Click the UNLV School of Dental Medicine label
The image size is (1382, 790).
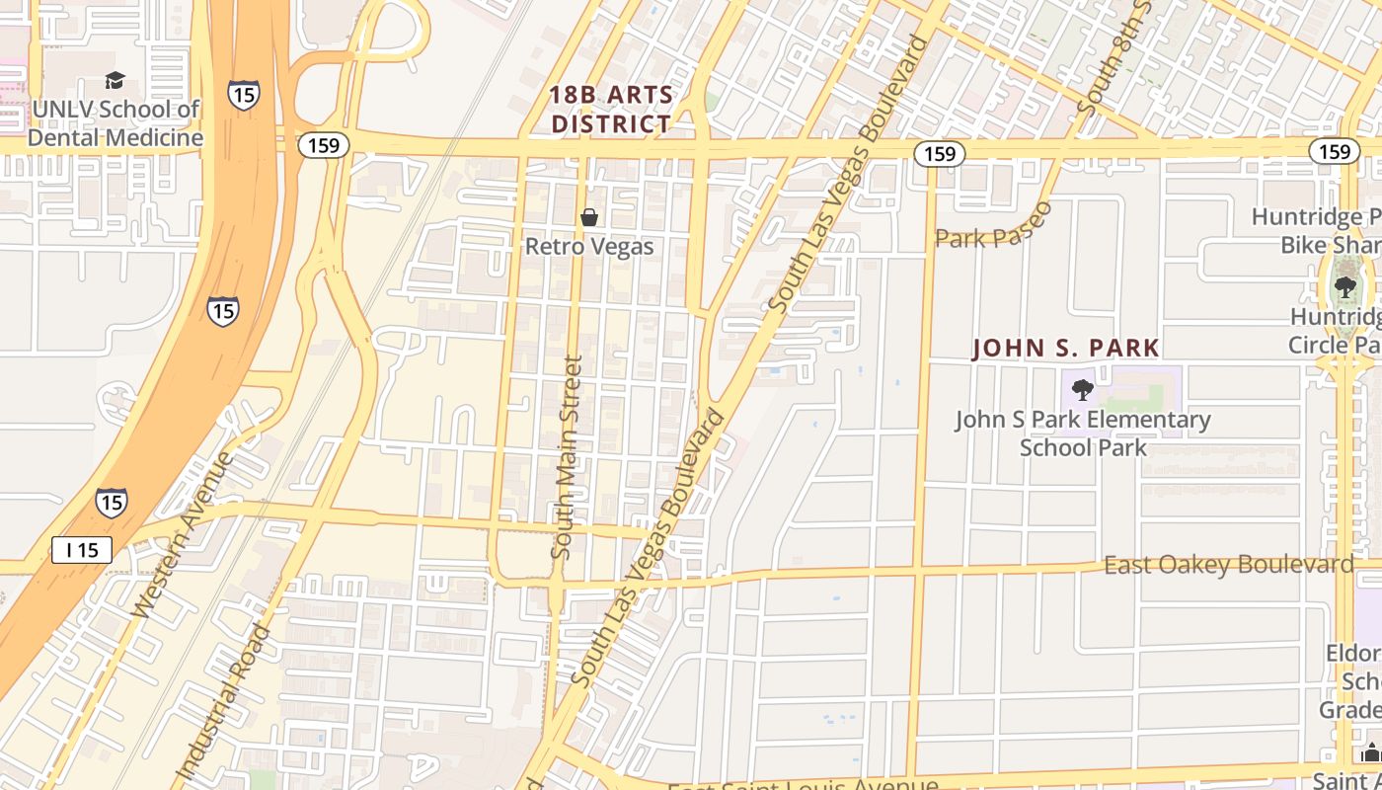tap(115, 123)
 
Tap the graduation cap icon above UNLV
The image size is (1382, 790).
tap(115, 80)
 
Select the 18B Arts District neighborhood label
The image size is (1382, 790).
tap(612, 110)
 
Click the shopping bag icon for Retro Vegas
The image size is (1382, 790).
tap(589, 217)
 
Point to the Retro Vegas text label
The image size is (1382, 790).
tap(589, 246)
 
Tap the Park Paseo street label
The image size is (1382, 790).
tap(993, 227)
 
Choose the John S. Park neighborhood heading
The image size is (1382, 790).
tap(1066, 349)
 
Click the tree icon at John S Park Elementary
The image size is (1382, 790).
tap(1083, 390)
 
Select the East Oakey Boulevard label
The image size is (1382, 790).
tap(1228, 565)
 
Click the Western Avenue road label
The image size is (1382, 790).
tap(185, 535)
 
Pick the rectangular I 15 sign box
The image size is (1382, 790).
tap(82, 550)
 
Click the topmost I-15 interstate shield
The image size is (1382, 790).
tap(244, 94)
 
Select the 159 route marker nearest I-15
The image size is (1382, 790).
tap(323, 145)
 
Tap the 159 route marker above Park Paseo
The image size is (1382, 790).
tap(939, 153)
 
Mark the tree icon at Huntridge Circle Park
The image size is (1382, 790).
tap(1344, 287)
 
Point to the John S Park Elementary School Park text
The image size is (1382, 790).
tap(1083, 434)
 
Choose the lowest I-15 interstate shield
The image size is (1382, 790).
tap(112, 502)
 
